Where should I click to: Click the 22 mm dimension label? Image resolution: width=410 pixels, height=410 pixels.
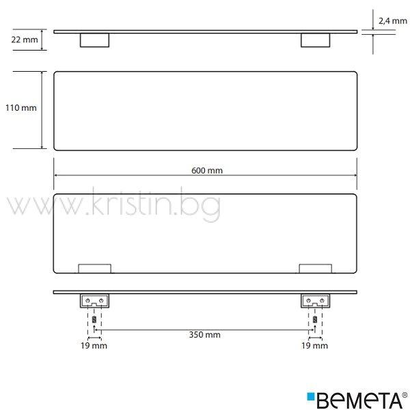25,40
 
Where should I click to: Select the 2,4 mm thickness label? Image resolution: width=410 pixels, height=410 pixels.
393,21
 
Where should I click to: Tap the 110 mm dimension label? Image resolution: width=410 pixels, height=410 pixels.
21,108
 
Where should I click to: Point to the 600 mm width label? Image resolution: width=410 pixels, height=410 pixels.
207,170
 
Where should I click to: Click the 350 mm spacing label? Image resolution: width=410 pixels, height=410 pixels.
205,335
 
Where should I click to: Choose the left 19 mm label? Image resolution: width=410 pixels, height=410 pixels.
94,346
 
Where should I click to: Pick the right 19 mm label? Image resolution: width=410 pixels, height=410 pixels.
314,346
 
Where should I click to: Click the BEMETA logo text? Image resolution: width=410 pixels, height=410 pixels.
359,400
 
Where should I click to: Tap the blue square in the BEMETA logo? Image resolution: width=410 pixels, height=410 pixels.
311,396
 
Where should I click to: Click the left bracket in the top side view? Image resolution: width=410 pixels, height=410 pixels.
95,40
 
